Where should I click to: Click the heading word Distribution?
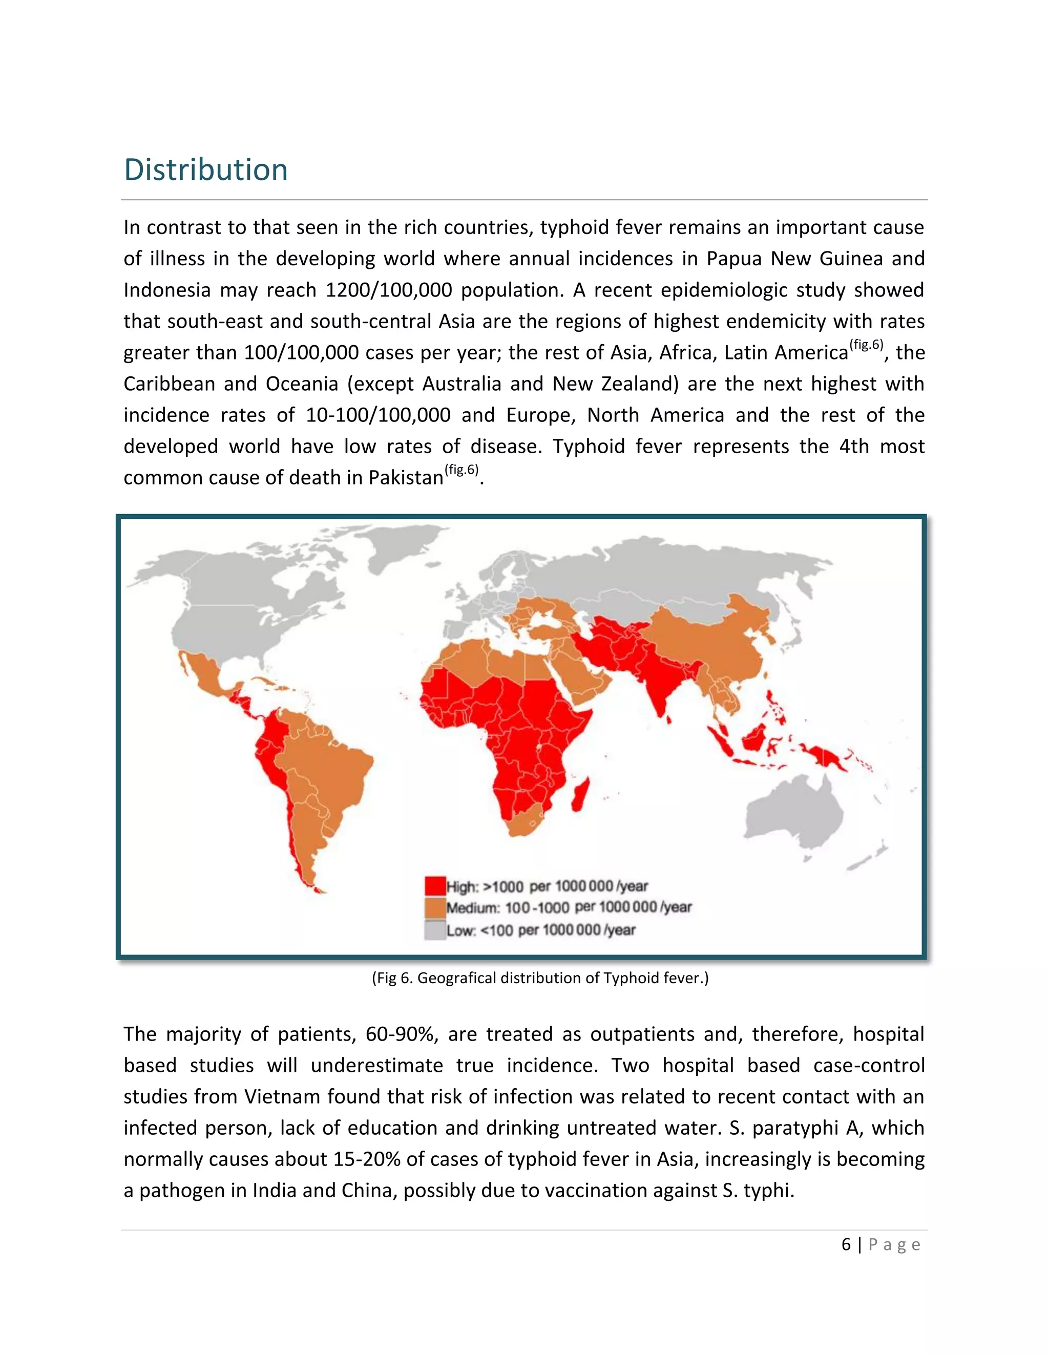pos(206,169)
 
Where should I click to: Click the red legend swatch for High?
pos(435,885)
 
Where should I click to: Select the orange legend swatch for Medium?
pos(435,907)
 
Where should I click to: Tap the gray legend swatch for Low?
pos(435,929)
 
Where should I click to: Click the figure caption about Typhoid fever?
pos(539,978)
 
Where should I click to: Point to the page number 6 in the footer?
pos(846,1244)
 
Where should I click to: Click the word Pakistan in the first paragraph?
pos(406,478)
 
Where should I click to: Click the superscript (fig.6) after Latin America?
pos(866,344)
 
